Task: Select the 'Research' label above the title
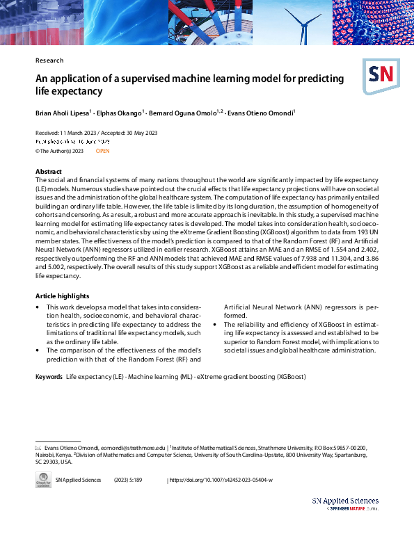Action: tap(49, 60)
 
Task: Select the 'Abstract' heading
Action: tap(49, 171)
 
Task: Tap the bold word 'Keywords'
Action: tap(49, 376)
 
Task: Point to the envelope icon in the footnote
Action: tap(39, 448)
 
